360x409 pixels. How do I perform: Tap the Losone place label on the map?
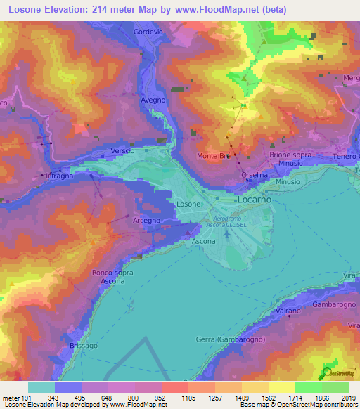(x=189, y=204)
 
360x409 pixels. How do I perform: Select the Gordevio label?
(x=148, y=32)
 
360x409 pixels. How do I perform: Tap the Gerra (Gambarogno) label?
(x=226, y=340)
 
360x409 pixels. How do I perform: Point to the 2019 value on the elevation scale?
(x=348, y=397)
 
